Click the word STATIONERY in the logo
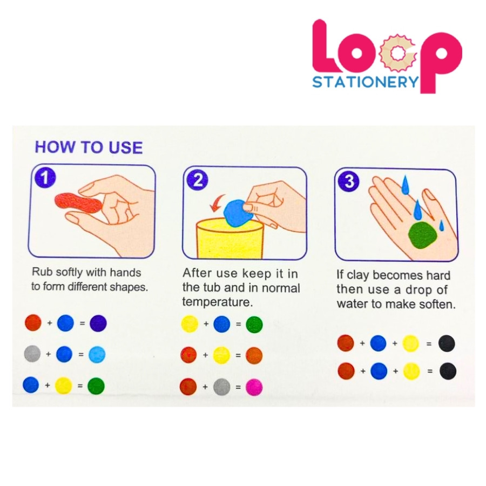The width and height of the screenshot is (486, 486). click(366, 82)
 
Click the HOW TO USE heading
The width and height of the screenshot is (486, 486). click(89, 147)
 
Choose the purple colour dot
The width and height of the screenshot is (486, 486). click(98, 323)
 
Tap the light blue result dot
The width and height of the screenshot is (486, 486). click(97, 354)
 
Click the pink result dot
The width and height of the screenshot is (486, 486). click(254, 387)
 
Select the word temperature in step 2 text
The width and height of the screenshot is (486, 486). click(217, 302)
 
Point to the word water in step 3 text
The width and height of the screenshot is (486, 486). click(354, 303)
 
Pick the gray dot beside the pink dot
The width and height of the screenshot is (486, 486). click(222, 387)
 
